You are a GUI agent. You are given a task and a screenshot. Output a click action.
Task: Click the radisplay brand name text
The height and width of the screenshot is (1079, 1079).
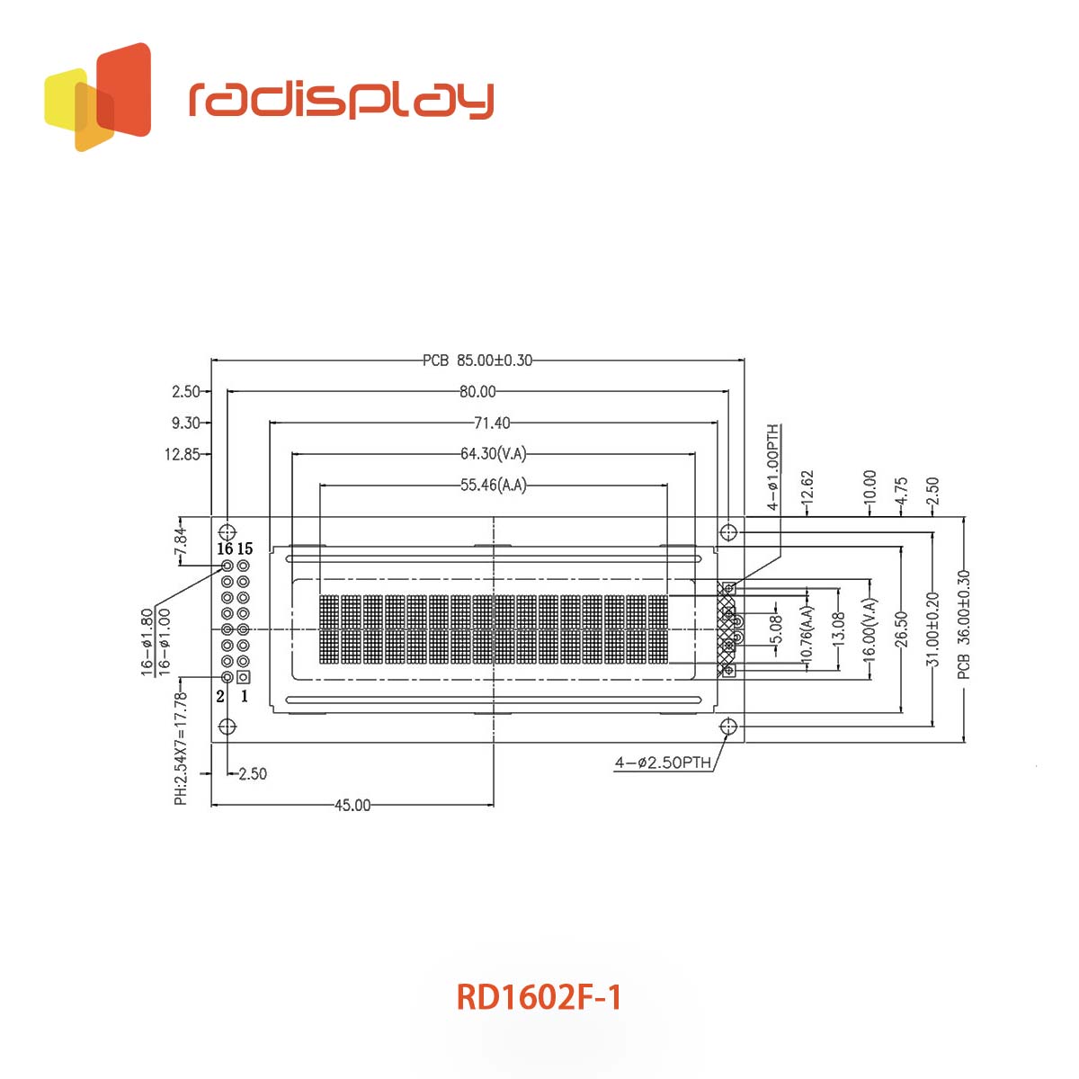[341, 101]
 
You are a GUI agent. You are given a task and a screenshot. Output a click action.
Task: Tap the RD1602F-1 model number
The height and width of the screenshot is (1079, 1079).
[539, 997]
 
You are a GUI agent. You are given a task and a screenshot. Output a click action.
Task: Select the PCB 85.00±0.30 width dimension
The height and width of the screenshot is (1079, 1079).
[477, 360]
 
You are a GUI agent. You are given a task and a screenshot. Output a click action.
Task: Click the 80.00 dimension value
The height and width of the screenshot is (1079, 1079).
[477, 391]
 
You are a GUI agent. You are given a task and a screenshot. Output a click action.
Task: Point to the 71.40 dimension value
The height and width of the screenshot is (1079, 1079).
[492, 423]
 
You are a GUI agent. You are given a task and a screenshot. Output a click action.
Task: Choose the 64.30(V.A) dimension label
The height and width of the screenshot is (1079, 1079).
[494, 453]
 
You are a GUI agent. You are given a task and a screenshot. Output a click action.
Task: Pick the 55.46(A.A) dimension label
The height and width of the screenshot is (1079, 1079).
[494, 485]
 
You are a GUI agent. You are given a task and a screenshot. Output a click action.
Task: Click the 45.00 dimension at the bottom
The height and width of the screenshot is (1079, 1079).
[352, 805]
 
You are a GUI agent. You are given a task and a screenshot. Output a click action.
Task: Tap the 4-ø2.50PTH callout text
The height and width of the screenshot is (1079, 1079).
[663, 762]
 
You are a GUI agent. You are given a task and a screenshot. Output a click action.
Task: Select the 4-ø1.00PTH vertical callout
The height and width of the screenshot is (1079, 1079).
[772, 468]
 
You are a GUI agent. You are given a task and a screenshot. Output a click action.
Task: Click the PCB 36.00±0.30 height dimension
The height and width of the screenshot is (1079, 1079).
[963, 624]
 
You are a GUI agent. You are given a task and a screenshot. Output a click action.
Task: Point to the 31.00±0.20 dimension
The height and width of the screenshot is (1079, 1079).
[932, 629]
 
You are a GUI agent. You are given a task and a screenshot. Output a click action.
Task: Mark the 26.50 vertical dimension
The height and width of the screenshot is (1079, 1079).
[901, 629]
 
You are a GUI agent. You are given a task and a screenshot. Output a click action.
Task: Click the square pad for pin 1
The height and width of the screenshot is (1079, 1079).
[243, 678]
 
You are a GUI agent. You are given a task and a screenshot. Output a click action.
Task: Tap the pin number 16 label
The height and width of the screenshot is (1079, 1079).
[225, 548]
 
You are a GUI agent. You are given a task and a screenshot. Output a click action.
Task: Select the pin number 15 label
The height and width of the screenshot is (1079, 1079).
[245, 548]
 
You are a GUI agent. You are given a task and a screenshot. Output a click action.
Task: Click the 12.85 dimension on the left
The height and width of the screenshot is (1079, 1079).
[182, 454]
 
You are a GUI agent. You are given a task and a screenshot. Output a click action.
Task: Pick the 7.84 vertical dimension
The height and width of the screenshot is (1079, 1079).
[181, 541]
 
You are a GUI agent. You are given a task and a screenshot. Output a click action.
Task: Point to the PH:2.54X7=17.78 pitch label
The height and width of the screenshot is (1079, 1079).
[181, 749]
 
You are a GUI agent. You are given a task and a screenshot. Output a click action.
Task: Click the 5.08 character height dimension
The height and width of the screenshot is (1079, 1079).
[775, 629]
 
